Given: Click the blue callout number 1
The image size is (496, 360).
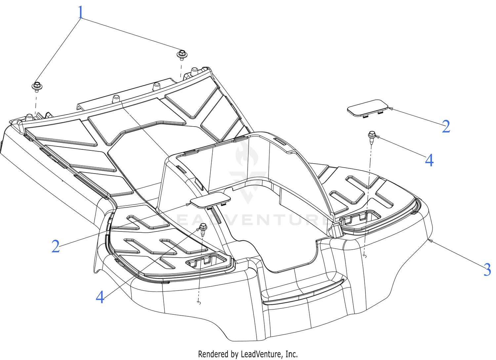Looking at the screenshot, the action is coord(81,12).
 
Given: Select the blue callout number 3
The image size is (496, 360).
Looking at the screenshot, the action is coord(487,270).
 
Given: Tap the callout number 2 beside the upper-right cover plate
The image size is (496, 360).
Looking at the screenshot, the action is coord(446,126).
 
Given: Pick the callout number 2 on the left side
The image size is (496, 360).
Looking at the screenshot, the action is coord(56,246).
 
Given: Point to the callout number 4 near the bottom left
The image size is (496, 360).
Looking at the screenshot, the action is coord(100,297).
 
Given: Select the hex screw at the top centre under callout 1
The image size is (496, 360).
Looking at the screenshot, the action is coord(182,55).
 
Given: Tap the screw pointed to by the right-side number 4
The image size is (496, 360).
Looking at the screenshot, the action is coord(372,137).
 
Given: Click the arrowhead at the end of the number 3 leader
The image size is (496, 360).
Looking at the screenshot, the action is coord(430,241).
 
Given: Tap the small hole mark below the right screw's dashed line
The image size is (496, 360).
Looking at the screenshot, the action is coord(365,257).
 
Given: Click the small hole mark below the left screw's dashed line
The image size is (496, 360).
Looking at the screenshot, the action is coord(199,302).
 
